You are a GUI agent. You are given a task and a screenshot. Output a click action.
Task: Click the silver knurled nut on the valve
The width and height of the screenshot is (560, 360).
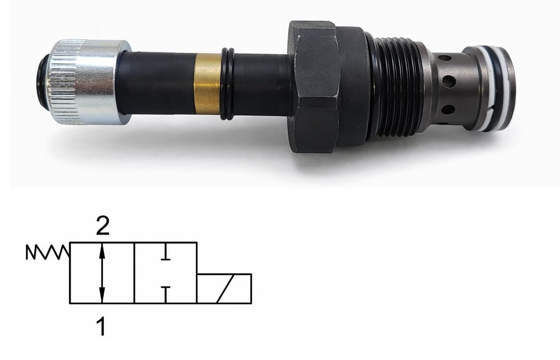89,82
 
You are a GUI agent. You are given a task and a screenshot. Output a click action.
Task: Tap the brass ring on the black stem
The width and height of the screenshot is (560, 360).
207,84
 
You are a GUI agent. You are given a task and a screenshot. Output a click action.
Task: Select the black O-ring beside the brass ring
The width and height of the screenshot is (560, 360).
227,84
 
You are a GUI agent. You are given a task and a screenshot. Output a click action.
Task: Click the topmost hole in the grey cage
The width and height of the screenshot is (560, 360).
444,58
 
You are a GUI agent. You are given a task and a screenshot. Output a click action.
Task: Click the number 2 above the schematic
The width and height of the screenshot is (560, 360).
102,226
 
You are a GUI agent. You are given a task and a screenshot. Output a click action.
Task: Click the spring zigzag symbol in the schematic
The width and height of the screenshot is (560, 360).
48,252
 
